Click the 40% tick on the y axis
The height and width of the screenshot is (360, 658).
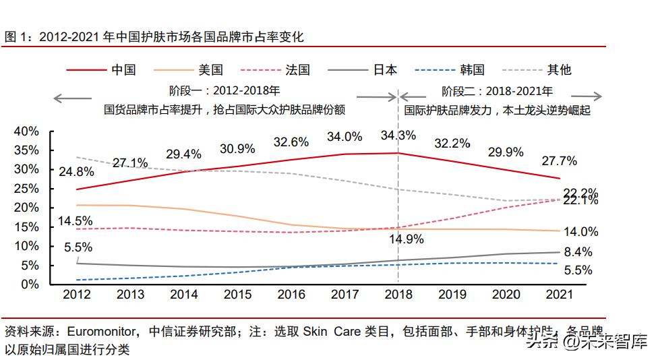pos(26,131)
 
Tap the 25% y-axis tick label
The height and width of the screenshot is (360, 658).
pos(26,188)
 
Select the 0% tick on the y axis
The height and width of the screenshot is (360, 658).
pos(30,284)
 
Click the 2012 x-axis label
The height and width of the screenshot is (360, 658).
pos(77,295)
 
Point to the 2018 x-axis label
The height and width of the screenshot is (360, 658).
pos(398,295)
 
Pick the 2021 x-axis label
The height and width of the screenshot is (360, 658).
pos(558,295)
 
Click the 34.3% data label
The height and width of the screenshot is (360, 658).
pos(398,136)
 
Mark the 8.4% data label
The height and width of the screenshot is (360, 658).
pos(577,252)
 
